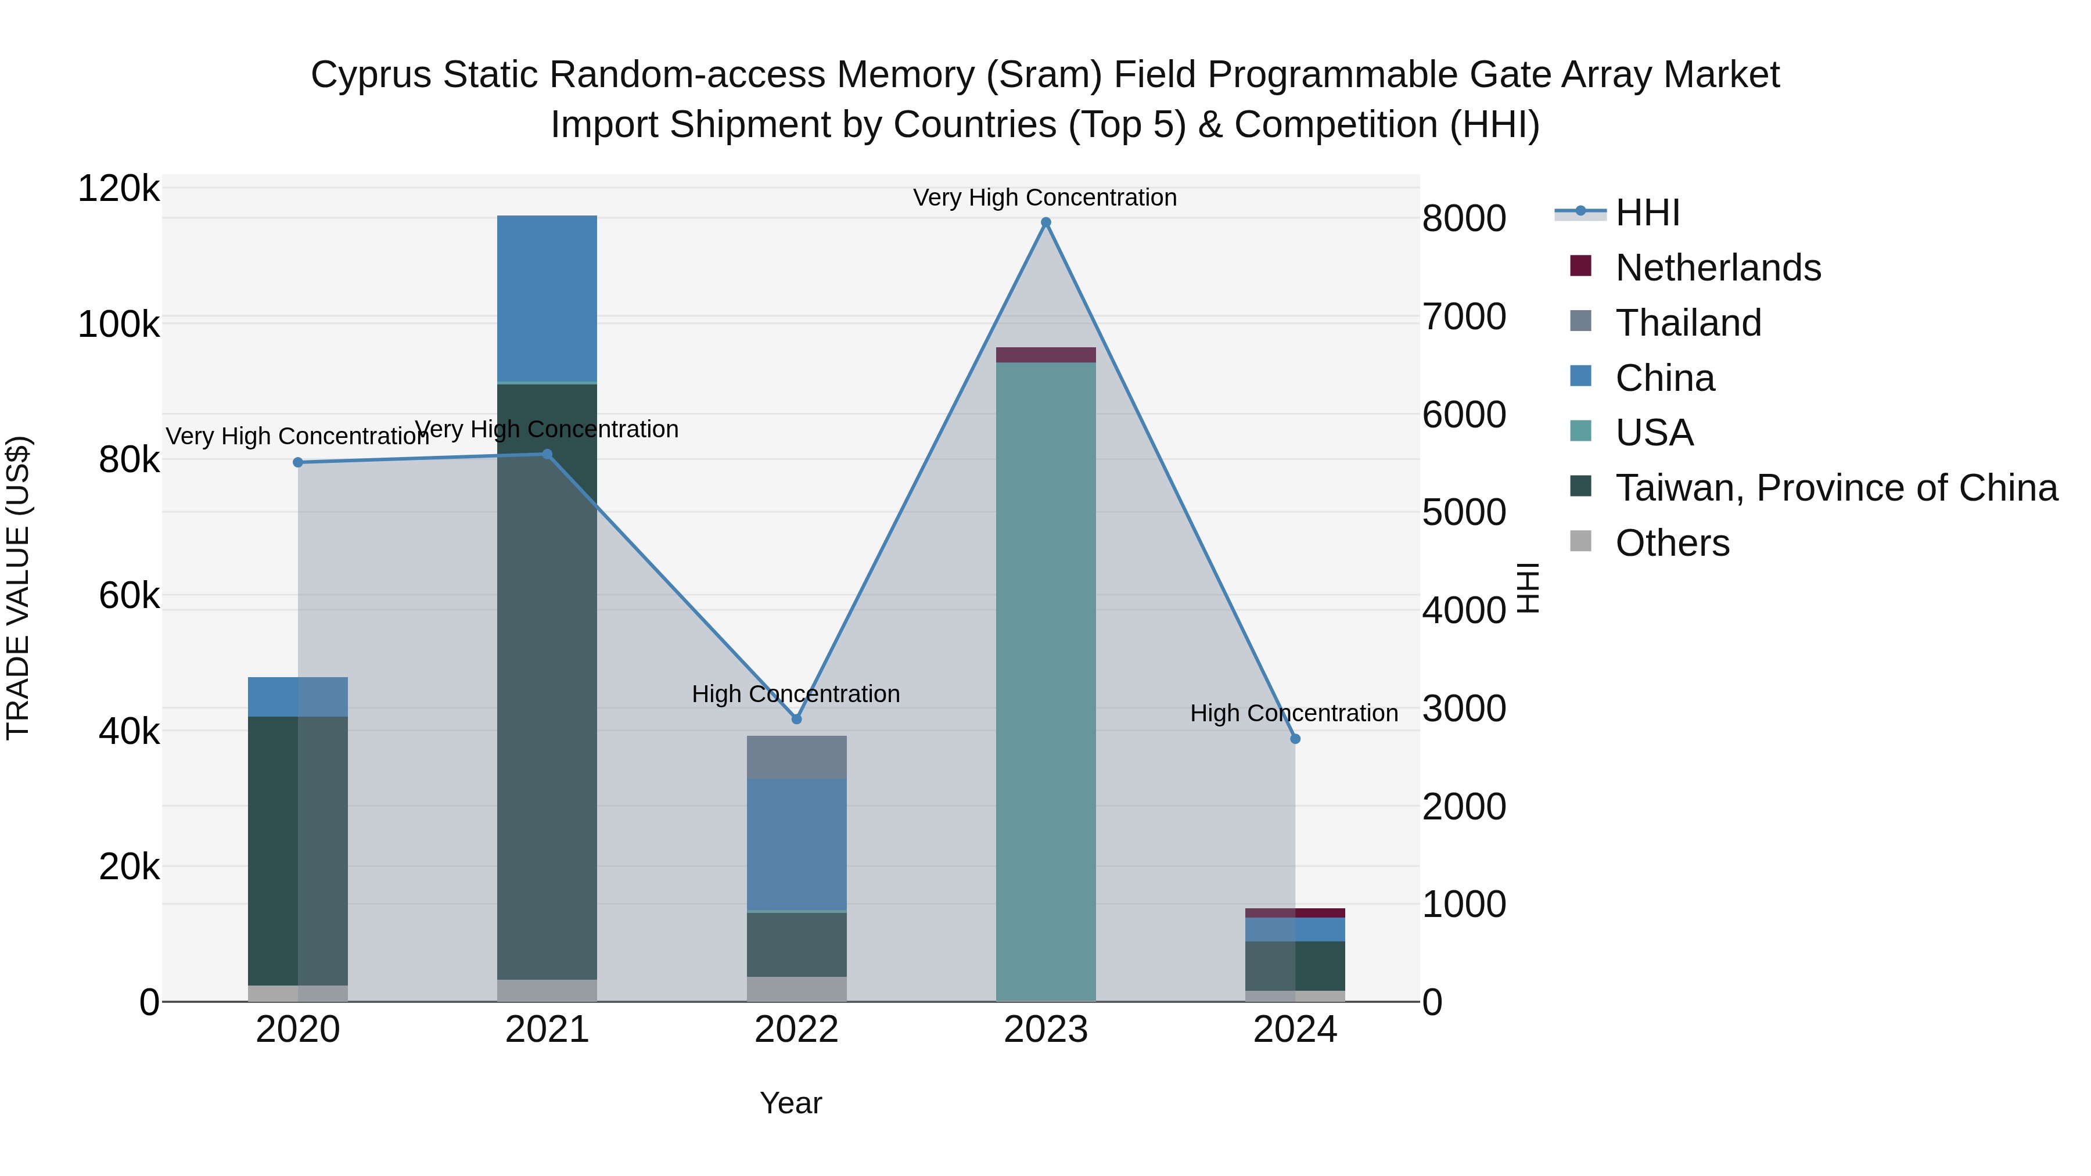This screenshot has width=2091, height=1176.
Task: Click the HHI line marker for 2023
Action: point(1045,222)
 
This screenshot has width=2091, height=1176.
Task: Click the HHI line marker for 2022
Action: point(796,719)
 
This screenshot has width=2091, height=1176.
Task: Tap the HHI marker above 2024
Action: point(1295,739)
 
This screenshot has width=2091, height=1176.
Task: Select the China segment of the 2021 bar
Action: point(547,298)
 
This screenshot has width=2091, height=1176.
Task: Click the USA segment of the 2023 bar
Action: point(1045,682)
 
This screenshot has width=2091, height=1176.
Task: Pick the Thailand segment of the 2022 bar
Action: point(796,757)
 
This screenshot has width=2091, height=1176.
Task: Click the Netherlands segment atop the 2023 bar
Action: point(1045,355)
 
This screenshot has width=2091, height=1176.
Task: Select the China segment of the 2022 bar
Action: point(796,844)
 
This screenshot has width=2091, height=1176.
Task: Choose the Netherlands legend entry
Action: point(1717,268)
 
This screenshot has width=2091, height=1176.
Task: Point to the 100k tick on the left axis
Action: point(118,325)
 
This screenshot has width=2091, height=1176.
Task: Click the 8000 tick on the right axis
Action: point(1464,218)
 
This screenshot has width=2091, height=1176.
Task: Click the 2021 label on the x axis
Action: point(547,1030)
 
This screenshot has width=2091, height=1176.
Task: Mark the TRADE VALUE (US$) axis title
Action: point(18,588)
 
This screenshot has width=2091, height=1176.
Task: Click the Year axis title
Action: point(790,1103)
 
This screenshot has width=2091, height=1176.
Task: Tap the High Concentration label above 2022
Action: point(796,694)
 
